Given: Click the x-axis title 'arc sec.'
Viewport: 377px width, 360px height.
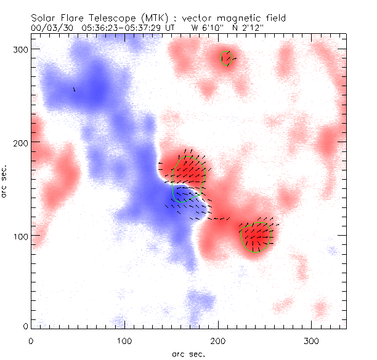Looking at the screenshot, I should (188, 353).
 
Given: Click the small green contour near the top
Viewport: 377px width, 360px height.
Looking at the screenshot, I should (228, 58).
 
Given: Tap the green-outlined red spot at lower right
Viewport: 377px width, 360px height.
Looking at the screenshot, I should (257, 237).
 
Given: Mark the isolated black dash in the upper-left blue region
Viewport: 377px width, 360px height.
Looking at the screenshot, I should (74, 90).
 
